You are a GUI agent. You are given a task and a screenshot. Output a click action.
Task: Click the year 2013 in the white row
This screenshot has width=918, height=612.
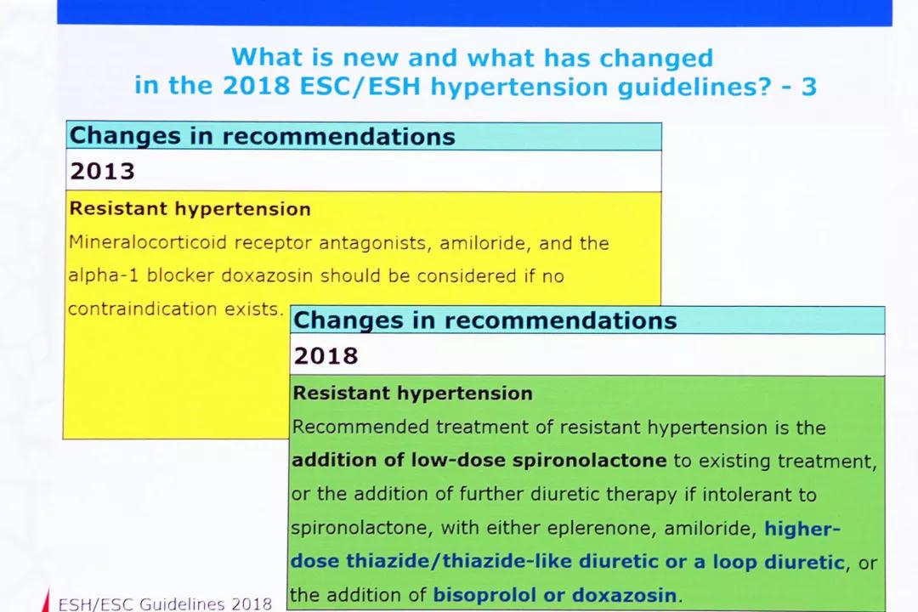point(103,171)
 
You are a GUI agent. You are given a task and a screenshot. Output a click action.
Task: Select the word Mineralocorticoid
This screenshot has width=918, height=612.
point(148,242)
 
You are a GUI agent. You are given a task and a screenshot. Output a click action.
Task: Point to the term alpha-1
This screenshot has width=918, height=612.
point(104,275)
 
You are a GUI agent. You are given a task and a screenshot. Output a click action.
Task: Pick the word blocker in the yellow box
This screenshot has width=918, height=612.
point(180,275)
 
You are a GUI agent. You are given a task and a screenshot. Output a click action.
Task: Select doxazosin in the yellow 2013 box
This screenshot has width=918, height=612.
point(267,275)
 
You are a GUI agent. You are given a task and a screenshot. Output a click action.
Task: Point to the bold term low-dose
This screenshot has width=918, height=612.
point(458,460)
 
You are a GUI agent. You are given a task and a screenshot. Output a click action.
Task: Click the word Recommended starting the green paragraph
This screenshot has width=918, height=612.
point(360,427)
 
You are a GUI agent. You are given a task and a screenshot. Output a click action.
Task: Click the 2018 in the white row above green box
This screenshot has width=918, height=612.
point(326,355)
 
